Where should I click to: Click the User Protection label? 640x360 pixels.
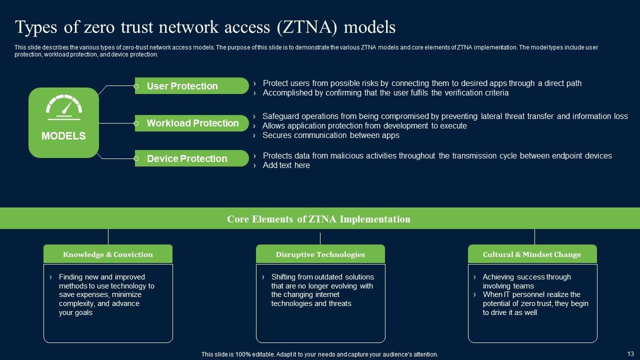coord(182,86)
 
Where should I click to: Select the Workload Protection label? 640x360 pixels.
coord(192,123)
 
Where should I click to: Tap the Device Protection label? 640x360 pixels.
coord(187,158)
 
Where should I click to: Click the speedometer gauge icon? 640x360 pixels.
coord(63,107)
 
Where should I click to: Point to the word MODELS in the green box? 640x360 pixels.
coord(63,136)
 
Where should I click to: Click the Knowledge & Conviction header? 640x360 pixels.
coord(108,254)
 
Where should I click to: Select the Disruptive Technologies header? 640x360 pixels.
coord(320,254)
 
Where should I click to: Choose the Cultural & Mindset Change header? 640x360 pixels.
coord(532,254)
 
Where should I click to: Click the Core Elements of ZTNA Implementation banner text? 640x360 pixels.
coord(318,219)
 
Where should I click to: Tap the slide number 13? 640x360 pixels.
coord(630,353)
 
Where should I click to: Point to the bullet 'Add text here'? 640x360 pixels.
coord(286,165)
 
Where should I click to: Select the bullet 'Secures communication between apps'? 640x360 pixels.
coord(330,135)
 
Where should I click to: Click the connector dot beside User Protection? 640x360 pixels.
coord(136,86)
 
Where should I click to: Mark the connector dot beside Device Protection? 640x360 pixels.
coord(136,158)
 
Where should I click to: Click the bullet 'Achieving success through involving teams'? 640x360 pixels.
coord(526,281)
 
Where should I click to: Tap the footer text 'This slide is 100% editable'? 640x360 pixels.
coord(319,354)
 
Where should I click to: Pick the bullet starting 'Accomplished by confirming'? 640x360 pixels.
coord(385,93)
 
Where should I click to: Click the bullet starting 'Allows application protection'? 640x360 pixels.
coord(364,126)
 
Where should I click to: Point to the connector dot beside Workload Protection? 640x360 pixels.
coord(136,123)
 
